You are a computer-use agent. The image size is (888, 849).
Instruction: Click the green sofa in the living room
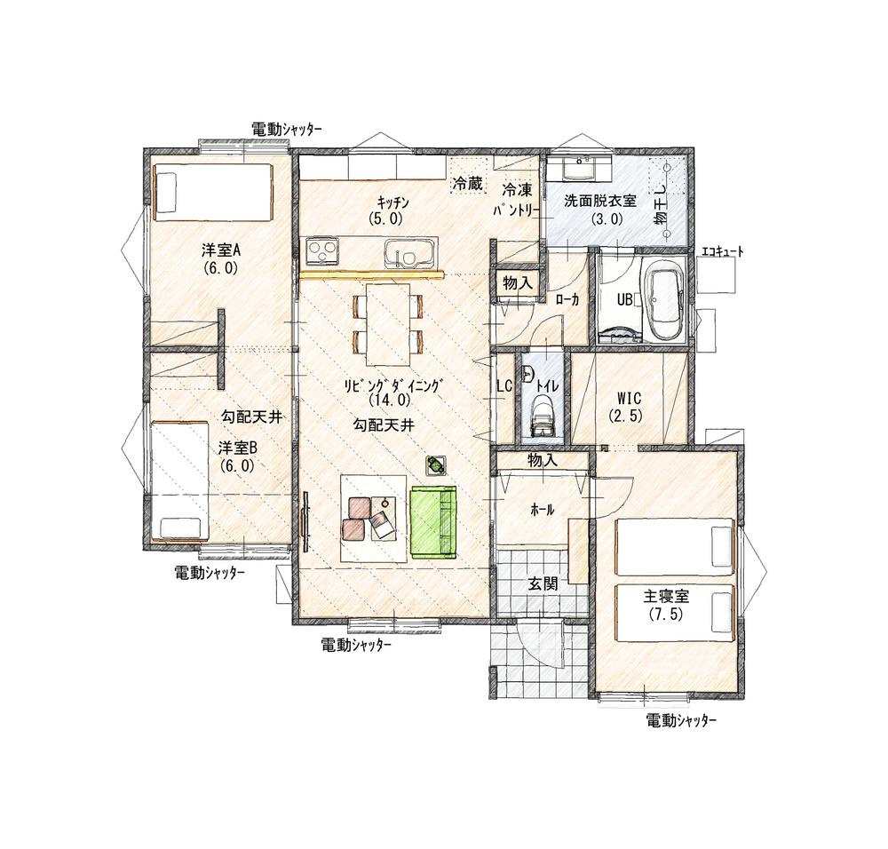432,522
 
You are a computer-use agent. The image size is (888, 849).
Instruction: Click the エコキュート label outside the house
722,252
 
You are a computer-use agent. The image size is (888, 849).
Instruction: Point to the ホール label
542,510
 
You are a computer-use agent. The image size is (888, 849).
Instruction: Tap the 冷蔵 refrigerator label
467,184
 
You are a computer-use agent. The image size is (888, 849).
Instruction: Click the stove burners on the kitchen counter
320,251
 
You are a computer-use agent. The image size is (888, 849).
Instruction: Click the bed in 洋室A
212,192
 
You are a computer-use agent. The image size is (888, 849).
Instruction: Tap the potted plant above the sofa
436,464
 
